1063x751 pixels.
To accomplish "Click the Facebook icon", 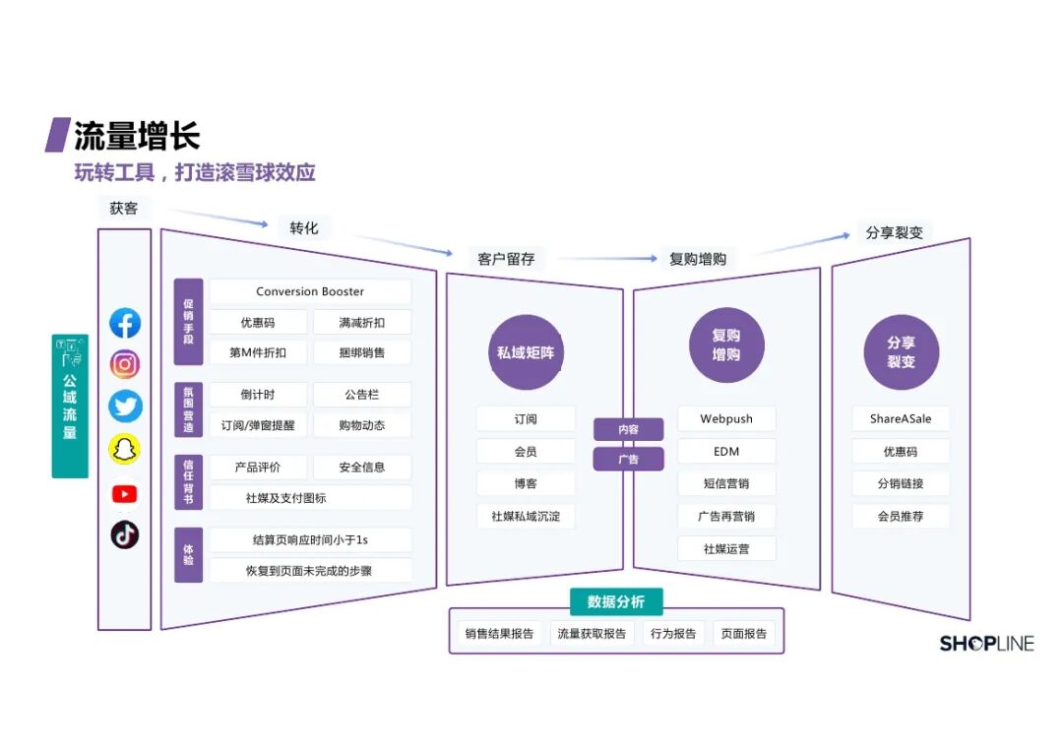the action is click(x=125, y=324).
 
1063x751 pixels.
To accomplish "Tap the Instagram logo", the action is click(x=125, y=365).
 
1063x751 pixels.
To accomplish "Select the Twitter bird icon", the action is click(x=125, y=407).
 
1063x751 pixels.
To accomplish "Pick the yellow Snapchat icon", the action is click(x=125, y=450).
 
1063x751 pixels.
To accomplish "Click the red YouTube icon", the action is click(x=125, y=493).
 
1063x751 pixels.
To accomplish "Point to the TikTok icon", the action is click(x=125, y=534).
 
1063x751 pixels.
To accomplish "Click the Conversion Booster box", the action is click(x=310, y=291).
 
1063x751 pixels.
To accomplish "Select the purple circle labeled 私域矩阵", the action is click(x=525, y=352).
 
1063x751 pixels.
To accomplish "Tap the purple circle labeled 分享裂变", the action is click(x=901, y=352).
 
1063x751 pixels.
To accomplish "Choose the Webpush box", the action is click(x=726, y=418).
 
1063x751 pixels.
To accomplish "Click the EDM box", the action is click(x=726, y=451).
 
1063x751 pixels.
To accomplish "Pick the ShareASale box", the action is click(x=901, y=418).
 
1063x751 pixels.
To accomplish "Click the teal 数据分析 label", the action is click(x=615, y=601).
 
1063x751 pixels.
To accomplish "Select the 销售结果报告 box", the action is click(x=499, y=634).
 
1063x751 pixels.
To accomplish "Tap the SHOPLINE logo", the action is click(x=986, y=644).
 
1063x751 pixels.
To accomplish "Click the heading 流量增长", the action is click(x=137, y=135).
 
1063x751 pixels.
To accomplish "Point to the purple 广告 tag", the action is click(x=628, y=459).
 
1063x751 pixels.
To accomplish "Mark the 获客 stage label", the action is click(x=124, y=209).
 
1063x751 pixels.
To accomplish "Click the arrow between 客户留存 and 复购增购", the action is click(x=604, y=259).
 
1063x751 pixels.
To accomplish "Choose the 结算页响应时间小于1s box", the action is click(x=310, y=539).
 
